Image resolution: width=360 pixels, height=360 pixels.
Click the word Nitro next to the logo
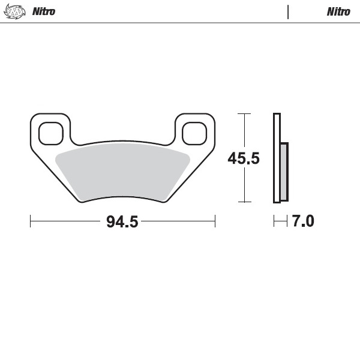tap(43, 11)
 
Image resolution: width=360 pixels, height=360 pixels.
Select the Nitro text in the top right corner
tap(338, 11)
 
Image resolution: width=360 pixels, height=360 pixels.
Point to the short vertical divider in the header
tap(288, 11)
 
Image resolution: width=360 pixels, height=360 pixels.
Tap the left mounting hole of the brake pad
tap(51, 133)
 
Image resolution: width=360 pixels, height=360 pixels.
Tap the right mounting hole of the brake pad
tap(194, 133)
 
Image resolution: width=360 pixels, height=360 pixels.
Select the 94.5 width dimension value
tap(122, 221)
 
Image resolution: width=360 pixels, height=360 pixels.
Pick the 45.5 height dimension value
tap(244, 158)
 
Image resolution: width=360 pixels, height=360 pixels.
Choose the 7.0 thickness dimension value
tap(303, 221)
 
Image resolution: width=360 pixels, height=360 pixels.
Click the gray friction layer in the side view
tap(284, 172)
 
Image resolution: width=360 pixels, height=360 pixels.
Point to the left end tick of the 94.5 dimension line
tap(31, 221)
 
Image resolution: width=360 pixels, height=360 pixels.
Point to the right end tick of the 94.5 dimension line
tap(215, 221)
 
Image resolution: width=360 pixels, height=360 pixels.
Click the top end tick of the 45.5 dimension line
tap(244, 113)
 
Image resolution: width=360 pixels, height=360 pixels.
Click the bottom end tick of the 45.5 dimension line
tap(244, 202)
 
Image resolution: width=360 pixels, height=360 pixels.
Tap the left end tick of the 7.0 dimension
tap(274, 221)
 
